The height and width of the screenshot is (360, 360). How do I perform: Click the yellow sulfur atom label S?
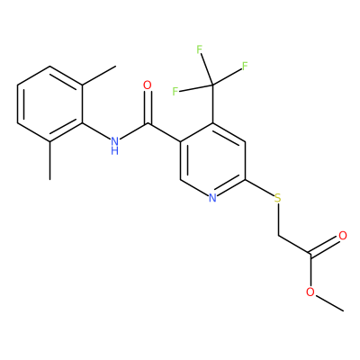pyautogui.click(x=278, y=198)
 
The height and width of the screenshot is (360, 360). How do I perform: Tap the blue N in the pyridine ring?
pyautogui.click(x=212, y=198)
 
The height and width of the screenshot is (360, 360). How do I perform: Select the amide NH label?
pyautogui.click(x=114, y=145)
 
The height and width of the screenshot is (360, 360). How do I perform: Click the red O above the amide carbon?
pyautogui.click(x=148, y=85)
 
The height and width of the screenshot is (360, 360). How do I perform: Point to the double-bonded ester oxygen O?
pyautogui.click(x=343, y=236)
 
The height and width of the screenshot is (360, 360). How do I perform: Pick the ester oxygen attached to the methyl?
pyautogui.click(x=310, y=292)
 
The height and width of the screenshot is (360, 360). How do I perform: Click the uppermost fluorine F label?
pyautogui.click(x=200, y=49)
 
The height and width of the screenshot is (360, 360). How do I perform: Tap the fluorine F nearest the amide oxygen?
pyautogui.click(x=175, y=91)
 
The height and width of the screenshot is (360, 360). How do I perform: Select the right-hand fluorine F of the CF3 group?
pyautogui.click(x=245, y=67)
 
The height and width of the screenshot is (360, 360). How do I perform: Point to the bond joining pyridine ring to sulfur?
pyautogui.click(x=260, y=188)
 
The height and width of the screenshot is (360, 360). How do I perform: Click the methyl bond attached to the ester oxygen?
pyautogui.click(x=329, y=302)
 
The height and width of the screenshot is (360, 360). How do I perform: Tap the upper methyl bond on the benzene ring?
pyautogui.click(x=99, y=76)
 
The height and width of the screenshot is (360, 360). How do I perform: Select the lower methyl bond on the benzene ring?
pyautogui.click(x=49, y=161)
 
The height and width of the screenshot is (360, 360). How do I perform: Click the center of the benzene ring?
pyautogui.click(x=49, y=104)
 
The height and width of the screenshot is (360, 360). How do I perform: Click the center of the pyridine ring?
pyautogui.click(x=212, y=161)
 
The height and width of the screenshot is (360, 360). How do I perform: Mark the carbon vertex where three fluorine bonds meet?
pyautogui.click(x=212, y=85)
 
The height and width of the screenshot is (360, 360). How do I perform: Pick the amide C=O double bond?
pyautogui.click(x=148, y=107)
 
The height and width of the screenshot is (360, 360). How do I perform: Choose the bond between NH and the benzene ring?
pyautogui.click(x=96, y=131)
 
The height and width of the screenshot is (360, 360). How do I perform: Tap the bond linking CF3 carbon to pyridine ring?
pyautogui.click(x=212, y=104)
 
